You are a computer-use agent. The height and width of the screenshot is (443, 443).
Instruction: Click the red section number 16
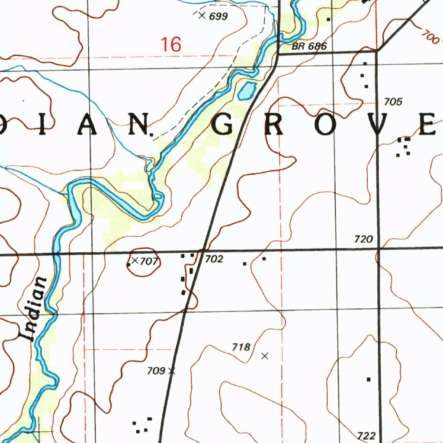click(x=170, y=45)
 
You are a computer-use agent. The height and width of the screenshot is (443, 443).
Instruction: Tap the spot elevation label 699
click(x=218, y=17)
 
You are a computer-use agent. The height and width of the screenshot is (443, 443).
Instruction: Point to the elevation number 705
click(x=393, y=102)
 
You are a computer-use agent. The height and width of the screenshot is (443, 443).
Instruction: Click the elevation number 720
click(x=363, y=239)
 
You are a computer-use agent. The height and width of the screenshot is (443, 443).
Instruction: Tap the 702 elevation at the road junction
click(x=214, y=259)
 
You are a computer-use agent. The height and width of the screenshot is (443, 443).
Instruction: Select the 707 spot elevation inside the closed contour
click(x=148, y=261)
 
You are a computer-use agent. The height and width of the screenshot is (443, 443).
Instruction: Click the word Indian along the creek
click(x=35, y=309)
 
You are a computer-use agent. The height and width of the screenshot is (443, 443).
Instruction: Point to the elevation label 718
click(x=241, y=347)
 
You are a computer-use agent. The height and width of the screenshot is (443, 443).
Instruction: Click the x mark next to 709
click(x=172, y=371)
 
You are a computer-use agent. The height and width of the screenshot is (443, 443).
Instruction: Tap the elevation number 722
click(x=367, y=435)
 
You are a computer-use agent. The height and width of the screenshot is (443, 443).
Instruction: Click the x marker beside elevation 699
click(x=201, y=16)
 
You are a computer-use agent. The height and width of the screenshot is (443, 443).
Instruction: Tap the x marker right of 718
click(x=265, y=356)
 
